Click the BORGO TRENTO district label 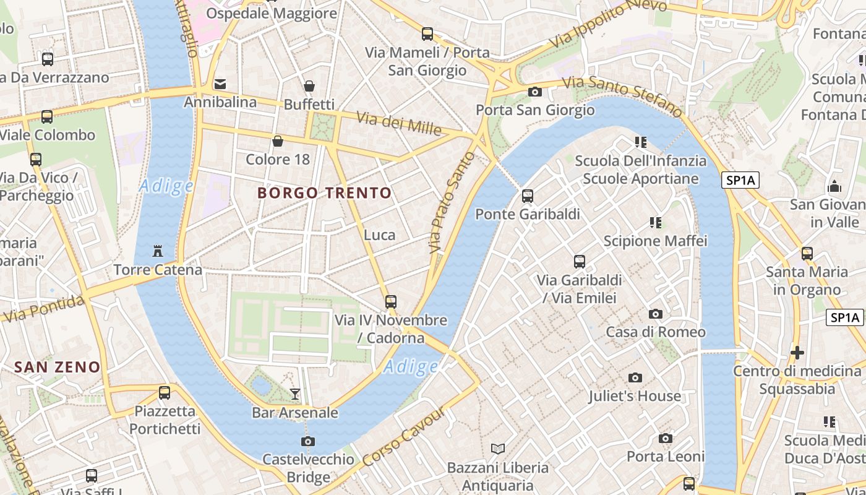tap(325, 193)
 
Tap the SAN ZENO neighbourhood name tap(57, 367)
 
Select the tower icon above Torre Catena tap(158, 251)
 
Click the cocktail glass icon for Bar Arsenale tap(295, 394)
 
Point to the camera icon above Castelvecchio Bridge tap(307, 441)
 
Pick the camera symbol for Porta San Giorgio tap(534, 92)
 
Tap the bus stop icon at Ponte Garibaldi tap(527, 196)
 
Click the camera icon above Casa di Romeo tap(655, 314)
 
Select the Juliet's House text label tap(635, 396)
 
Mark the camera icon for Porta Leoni tap(666, 439)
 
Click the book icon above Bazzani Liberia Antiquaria tap(497, 449)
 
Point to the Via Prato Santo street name tap(452, 203)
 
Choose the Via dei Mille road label tap(399, 124)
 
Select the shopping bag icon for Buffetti tap(309, 86)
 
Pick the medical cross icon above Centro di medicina tap(797, 353)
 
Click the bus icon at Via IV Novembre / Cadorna tap(390, 302)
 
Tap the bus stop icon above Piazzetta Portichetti tap(165, 392)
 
